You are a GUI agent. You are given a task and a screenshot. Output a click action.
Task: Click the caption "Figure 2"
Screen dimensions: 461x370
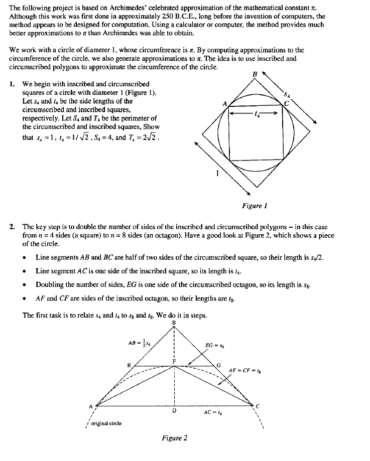[175, 437]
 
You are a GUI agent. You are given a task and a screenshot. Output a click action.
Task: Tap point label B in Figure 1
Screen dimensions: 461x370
[255, 74]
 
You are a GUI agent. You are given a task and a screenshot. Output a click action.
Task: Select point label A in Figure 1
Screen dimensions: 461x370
[225, 103]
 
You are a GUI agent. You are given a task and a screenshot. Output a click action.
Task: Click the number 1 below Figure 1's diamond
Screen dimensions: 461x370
[217, 174]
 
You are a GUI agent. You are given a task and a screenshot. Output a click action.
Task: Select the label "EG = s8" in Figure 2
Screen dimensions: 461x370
[216, 345]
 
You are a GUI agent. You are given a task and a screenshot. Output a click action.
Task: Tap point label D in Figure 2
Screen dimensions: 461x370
[174, 410]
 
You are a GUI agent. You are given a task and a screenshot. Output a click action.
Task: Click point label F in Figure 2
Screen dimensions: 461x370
[175, 361]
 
